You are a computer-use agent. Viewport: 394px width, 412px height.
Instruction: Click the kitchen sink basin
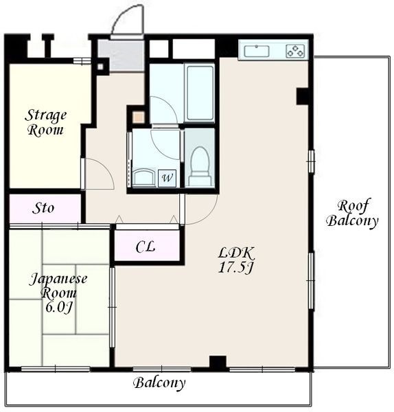coord(257,51)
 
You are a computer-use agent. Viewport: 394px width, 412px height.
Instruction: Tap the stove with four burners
coord(296,51)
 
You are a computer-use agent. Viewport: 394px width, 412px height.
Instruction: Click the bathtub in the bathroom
coord(200,93)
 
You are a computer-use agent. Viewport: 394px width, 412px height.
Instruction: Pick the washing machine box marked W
coord(167,179)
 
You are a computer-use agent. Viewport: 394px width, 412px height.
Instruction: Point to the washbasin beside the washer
coord(144,178)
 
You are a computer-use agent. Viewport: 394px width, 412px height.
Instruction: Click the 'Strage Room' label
coord(46,123)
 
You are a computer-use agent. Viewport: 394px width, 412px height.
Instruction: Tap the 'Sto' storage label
coord(43,208)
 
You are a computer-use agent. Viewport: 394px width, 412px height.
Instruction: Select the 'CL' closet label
coord(146,247)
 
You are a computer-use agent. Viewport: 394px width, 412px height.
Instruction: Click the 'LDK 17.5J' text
coord(236,260)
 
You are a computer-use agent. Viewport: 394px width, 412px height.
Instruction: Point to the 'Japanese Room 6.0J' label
coord(58,293)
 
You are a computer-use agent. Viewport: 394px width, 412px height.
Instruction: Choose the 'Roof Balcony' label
coord(352,213)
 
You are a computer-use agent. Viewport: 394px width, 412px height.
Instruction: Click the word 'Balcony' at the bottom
coord(159,382)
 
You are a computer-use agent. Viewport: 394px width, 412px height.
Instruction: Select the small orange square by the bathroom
coord(138,117)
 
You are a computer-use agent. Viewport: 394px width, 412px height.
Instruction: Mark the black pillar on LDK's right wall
coord(303,96)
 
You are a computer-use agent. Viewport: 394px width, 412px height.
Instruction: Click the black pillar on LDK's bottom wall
coord(218,363)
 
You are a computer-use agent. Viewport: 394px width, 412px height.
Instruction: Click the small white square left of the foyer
coord(100,67)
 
